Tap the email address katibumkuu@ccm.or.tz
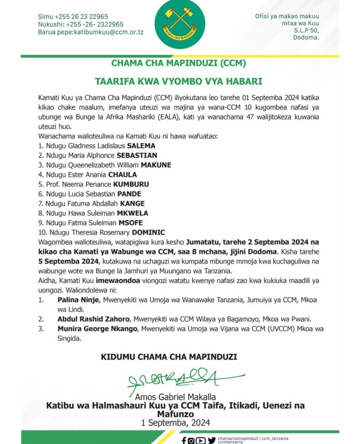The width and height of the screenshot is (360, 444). click(x=108, y=32)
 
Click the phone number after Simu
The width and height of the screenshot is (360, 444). click(x=82, y=16)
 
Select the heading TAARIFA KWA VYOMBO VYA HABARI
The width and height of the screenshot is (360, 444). click(x=178, y=81)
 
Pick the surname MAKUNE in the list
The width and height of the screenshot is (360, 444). click(x=155, y=165)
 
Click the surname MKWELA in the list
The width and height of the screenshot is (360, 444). click(x=132, y=213)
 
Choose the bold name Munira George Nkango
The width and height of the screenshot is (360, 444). click(x=97, y=329)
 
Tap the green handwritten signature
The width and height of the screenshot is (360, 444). click(x=182, y=379)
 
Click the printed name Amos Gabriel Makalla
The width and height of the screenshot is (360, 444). click(x=175, y=397)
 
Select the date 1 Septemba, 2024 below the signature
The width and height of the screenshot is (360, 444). click(x=175, y=423)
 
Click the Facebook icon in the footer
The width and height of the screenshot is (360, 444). click(x=184, y=441)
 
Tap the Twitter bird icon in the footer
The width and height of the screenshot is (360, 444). click(x=211, y=441)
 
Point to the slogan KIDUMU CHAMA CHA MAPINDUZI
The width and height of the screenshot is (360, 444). click(x=169, y=357)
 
